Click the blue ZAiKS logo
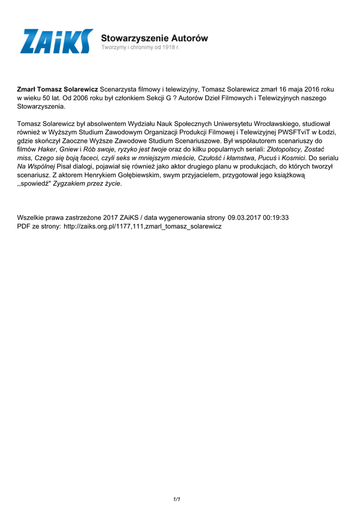(56, 41)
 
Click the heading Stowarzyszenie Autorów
(154, 38)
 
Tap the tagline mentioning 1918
(141, 48)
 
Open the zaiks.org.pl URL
(143, 226)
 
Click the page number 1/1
(176, 499)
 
